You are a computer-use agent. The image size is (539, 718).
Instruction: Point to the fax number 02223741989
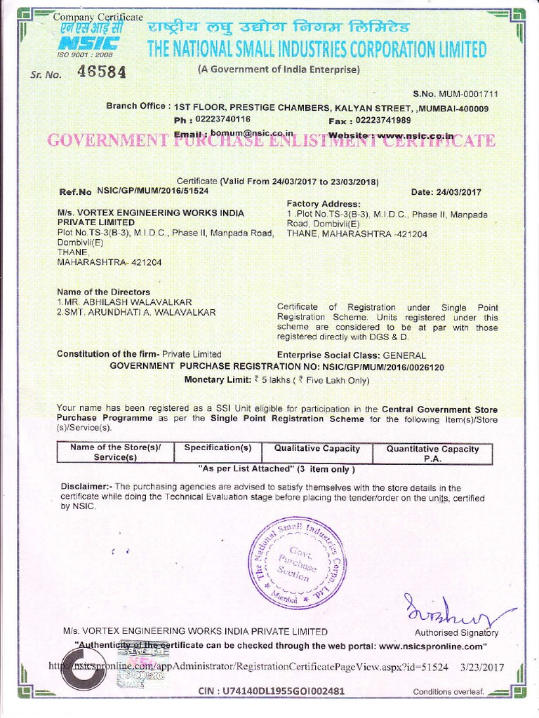385,120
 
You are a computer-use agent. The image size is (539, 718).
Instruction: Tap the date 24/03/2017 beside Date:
458,192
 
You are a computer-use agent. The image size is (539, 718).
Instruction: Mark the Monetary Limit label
215,379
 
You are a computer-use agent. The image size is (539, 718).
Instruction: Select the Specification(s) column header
218,448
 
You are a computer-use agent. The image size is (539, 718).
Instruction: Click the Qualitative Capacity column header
317,449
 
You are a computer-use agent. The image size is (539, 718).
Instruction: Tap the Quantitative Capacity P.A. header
432,453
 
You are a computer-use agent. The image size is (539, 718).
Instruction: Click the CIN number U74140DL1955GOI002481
271,691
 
